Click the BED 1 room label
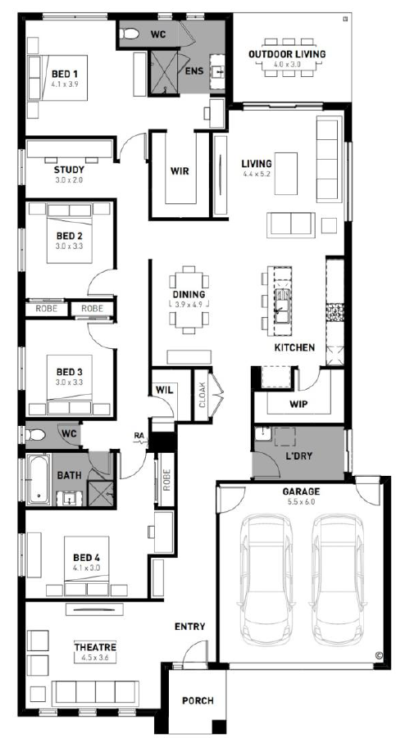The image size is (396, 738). click(65, 75)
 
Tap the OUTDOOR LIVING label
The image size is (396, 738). click(287, 54)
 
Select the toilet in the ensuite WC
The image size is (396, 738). click(129, 34)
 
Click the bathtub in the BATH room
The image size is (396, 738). click(39, 479)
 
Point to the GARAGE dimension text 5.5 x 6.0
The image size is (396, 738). click(301, 502)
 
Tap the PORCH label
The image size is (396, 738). click(198, 701)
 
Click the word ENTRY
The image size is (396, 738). click(189, 627)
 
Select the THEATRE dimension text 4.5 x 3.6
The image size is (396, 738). click(94, 658)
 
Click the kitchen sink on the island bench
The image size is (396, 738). click(282, 306)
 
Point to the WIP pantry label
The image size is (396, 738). click(298, 405)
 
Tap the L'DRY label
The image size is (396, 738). click(300, 456)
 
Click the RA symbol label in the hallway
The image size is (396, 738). click(139, 436)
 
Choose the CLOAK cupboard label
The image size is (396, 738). click(201, 395)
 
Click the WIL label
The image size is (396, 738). click(164, 390)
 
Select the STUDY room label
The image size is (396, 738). click(69, 170)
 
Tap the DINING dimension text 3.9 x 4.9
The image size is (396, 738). click(189, 305)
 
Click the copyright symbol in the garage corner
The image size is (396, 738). click(379, 654)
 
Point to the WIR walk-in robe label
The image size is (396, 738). click(180, 171)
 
